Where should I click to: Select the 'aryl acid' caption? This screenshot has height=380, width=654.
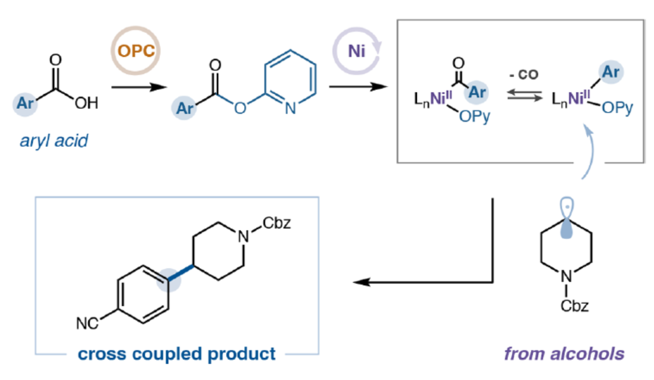pos(54,140)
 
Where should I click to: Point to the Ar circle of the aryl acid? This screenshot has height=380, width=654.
pos(25,104)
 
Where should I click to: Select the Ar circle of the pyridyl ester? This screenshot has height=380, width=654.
pos(185,108)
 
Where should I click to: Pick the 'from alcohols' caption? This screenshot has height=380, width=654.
pos(564,353)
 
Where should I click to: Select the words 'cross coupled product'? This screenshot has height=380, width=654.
pos(177,353)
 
